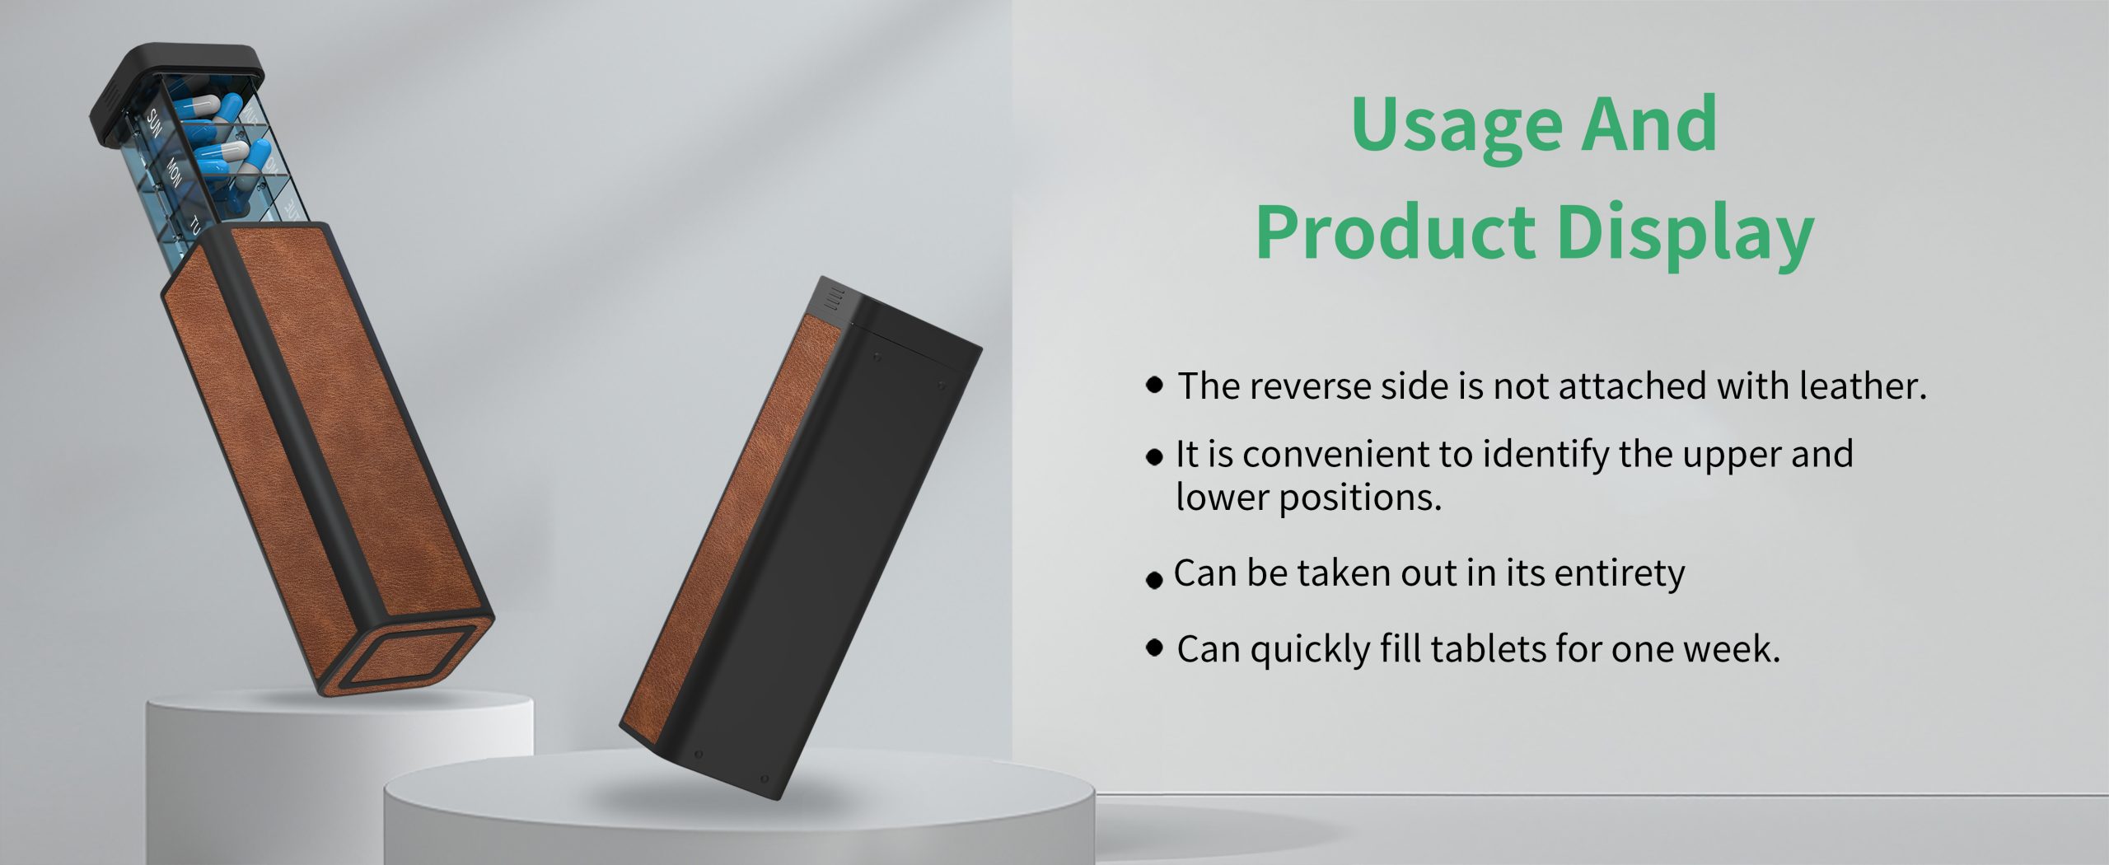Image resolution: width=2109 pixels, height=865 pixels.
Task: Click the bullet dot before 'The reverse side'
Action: tap(1155, 385)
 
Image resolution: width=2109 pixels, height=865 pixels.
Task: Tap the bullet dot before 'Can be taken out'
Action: tap(1154, 581)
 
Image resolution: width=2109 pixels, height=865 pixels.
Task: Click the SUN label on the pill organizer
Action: tap(155, 123)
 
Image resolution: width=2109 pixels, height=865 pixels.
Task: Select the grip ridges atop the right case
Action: tap(835, 298)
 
